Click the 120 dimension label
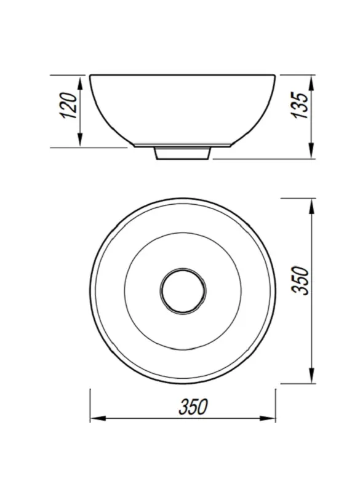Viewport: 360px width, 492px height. pos(69,105)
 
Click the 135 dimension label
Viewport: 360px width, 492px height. pos(300,105)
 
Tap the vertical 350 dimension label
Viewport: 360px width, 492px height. pos(300,280)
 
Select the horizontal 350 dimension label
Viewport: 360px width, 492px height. pos(193,407)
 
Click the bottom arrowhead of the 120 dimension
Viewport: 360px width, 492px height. pos(81,140)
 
